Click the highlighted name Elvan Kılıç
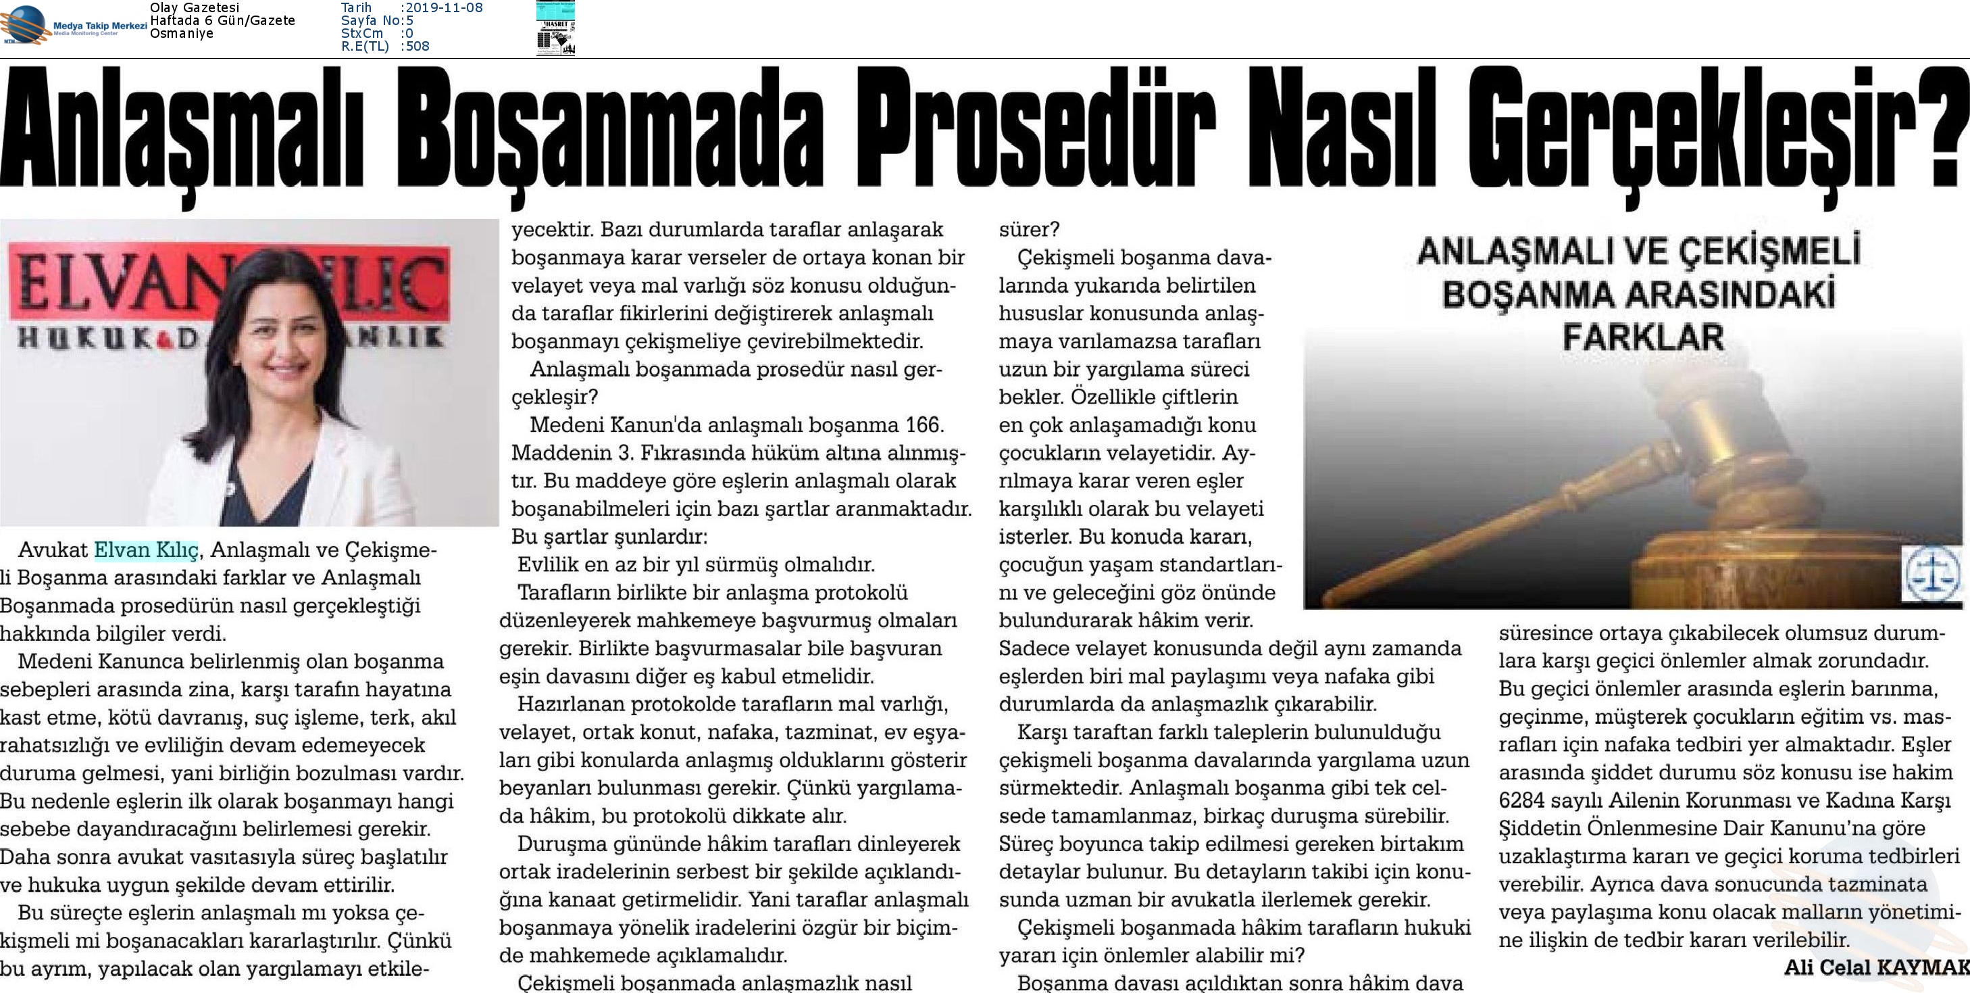pos(146,550)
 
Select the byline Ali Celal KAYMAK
pos(1876,968)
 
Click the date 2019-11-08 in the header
pos(444,7)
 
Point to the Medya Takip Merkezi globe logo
pos(24,24)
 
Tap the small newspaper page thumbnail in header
pos(555,29)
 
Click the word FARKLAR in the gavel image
pos(1643,337)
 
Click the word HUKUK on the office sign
pos(92,337)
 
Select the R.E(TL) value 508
pos(418,47)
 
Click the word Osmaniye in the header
pos(181,34)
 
